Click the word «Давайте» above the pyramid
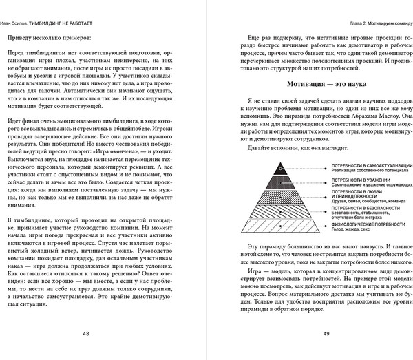[x=256, y=148]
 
